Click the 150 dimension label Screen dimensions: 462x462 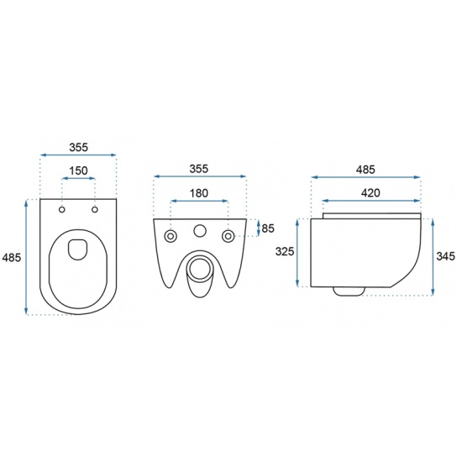(x=78, y=171)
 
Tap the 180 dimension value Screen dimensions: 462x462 (x=198, y=193)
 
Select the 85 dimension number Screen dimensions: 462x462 (x=268, y=228)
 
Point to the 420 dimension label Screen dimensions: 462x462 (x=370, y=193)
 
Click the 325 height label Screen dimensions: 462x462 (x=285, y=252)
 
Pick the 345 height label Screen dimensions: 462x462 (x=445, y=256)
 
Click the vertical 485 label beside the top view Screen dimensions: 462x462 (x=12, y=258)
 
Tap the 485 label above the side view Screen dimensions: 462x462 (x=365, y=170)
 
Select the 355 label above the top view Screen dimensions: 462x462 (x=79, y=147)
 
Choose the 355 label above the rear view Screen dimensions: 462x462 (x=199, y=169)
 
